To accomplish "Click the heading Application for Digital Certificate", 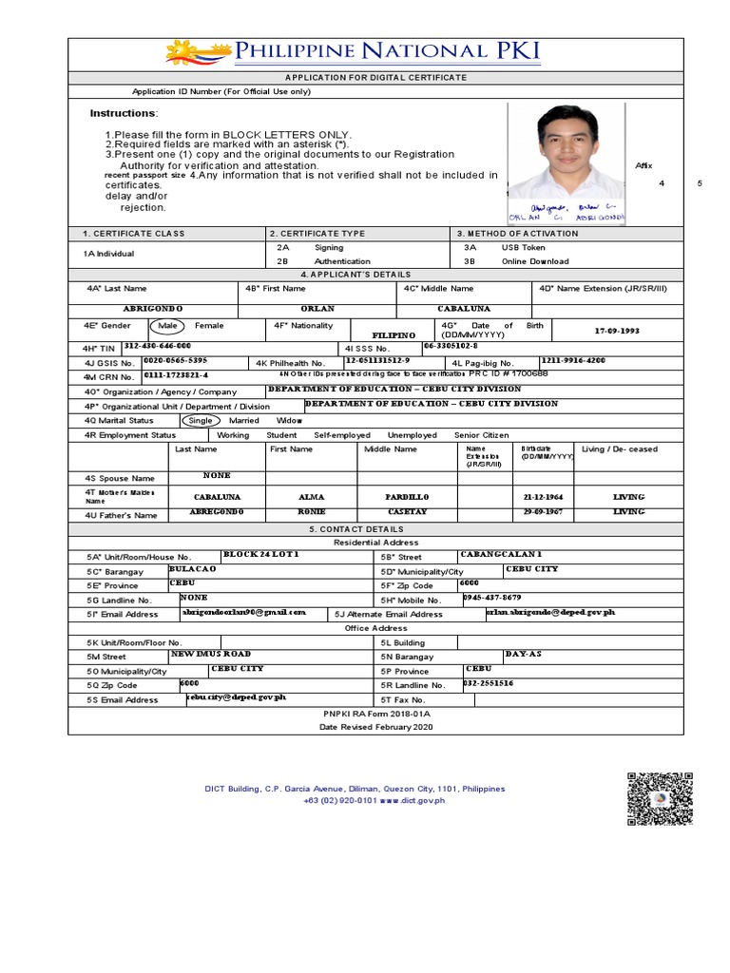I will pos(376,77).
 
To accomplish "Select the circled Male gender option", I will pos(168,326).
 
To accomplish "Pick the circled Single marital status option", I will pos(201,420).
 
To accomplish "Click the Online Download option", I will pos(529,261).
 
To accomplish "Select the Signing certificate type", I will pos(329,247).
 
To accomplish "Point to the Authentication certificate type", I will pos(342,261).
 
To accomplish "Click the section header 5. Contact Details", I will pos(376,528).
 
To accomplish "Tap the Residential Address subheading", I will pos(376,543).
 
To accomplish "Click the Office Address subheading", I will pos(376,628).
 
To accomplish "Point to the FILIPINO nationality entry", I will pos(394,335).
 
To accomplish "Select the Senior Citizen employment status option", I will pos(482,435).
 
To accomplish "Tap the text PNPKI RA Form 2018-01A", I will pos(376,713).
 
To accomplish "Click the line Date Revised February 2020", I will pos(376,726).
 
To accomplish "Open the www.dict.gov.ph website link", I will pos(413,801).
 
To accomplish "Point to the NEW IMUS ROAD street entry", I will pos(210,655).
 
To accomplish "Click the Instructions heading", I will pos(124,114).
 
